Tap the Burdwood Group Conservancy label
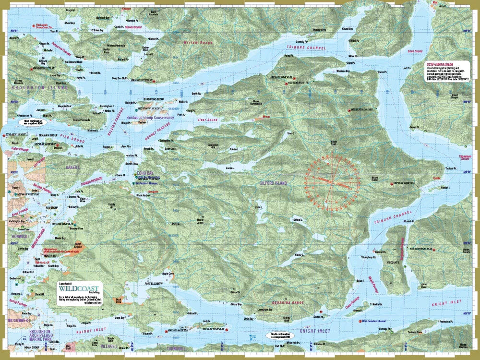[149, 117]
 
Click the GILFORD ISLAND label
[273, 183]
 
